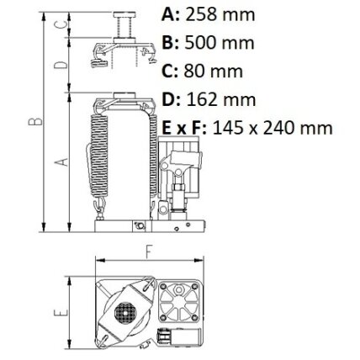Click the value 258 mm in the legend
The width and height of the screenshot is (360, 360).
220,14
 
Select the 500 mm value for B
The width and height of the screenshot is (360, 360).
220,43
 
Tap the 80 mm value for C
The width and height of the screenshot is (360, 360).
213,71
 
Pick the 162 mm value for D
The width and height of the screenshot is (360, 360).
221,99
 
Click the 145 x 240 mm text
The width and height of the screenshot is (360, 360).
273,128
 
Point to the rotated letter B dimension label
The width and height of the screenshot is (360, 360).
35,121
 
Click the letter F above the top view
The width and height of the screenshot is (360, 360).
149,251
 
